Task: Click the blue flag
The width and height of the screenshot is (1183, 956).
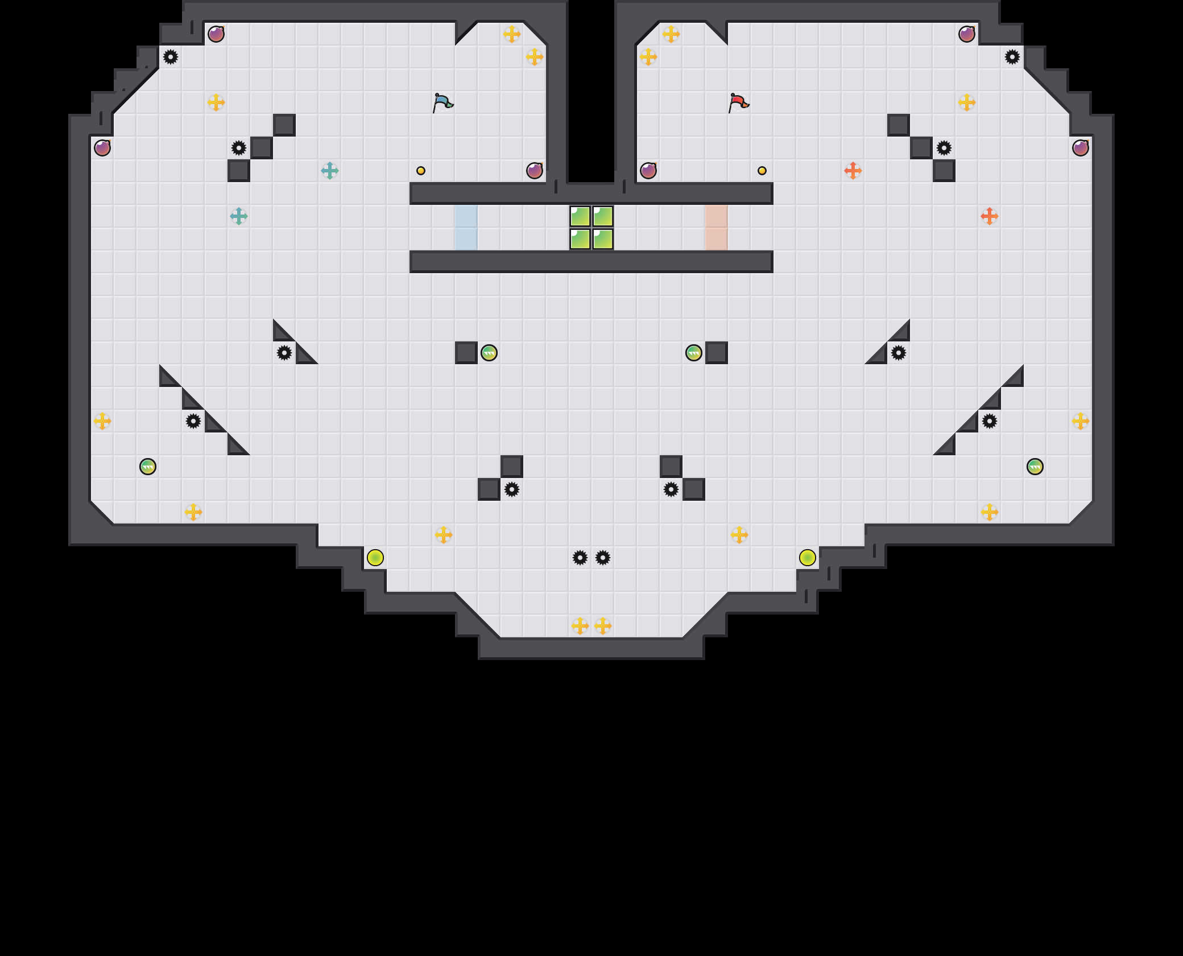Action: point(442,102)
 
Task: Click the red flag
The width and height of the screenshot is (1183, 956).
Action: point(738,102)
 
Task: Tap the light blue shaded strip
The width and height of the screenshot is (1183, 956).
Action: point(466,228)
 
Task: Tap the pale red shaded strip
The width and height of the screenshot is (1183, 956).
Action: point(716,228)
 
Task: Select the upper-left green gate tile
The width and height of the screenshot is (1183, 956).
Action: point(580,216)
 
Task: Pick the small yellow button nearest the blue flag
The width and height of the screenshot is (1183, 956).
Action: point(421,171)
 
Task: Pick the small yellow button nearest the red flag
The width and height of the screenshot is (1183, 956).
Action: point(762,171)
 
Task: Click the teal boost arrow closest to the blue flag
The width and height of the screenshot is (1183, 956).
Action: point(330,171)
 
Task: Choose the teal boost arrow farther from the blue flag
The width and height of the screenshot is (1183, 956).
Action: point(239,216)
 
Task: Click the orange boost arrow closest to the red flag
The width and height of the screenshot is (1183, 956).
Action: point(853,171)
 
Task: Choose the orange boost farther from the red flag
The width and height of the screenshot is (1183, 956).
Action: point(990,216)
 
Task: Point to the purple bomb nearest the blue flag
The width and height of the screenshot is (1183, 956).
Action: point(535,171)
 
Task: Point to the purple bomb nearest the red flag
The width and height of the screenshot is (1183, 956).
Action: point(648,171)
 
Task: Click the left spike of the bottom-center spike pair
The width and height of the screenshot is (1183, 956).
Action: point(580,558)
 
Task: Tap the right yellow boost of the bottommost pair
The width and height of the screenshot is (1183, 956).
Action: point(603,626)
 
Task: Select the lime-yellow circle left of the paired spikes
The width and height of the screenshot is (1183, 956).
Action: point(375,558)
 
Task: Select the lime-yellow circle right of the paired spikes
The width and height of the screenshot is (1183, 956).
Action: point(808,558)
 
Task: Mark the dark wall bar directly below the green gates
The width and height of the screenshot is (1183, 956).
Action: point(591,262)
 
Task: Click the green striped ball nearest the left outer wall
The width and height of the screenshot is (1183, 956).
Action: point(148,467)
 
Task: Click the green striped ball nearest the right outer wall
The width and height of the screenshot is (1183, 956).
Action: point(1035,467)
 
